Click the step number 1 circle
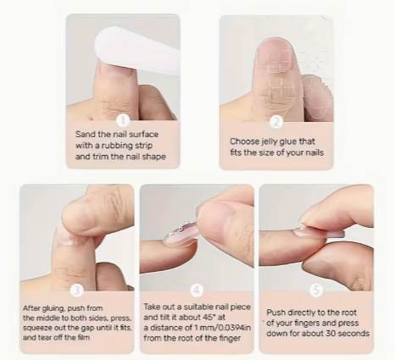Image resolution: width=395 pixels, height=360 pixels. tap(123, 120)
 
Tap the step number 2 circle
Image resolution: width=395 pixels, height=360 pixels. tap(276, 122)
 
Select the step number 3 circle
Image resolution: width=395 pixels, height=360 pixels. tap(76, 291)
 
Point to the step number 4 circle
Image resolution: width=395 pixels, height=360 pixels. tap(197, 291)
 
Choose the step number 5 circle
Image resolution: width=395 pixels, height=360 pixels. tap(316, 291)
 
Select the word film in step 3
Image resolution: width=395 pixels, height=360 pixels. tap(84, 337)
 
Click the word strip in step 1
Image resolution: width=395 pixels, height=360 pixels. tap(143, 146)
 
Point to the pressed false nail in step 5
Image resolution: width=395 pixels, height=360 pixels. tap(320, 233)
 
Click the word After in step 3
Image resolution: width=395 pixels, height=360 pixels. tap(32, 308)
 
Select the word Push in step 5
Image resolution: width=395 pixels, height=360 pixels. tap(276, 313)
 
